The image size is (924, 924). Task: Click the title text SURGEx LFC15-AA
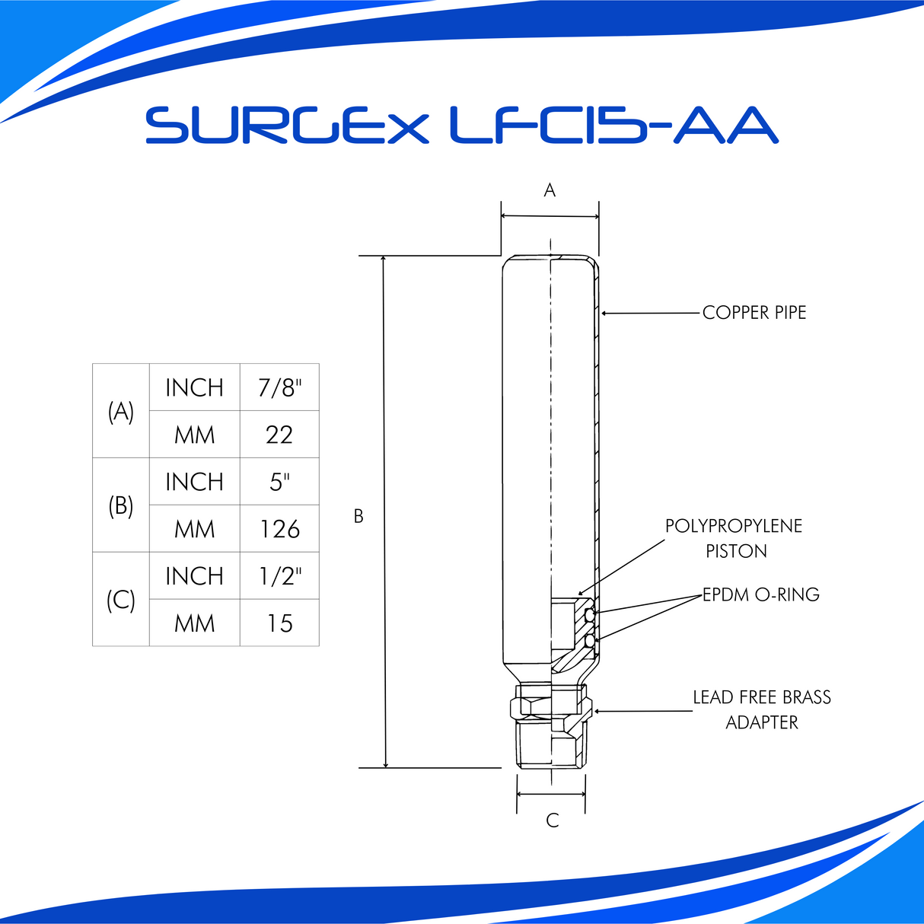461,126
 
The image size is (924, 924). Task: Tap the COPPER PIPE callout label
754,313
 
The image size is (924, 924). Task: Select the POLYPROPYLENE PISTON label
734,538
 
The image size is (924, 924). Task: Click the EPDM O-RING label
760,594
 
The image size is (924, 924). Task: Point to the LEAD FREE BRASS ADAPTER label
761,709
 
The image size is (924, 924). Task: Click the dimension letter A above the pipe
550,190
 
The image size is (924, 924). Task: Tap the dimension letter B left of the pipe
358,516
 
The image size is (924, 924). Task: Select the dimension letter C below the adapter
553,820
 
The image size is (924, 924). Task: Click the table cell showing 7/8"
279,387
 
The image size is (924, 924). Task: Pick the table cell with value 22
279,435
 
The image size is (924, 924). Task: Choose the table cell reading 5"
279,482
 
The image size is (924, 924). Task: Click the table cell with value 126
279,529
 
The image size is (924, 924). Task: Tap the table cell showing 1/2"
279,576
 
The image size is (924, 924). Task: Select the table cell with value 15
279,623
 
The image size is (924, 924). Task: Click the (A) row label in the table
120,411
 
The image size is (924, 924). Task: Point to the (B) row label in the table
120,505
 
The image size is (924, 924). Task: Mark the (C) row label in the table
120,600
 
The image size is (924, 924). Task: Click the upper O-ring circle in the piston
589,614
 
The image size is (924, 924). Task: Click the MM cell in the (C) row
194,623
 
